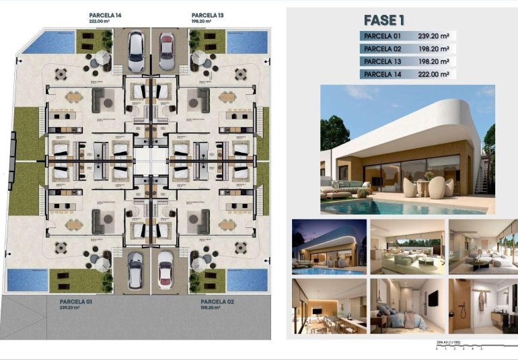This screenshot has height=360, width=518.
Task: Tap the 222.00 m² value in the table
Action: tap(435, 75)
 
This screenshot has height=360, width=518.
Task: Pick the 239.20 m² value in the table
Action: tap(435, 36)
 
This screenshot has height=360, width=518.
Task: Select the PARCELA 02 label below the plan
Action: tap(217, 302)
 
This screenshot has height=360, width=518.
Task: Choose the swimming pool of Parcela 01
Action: tap(27, 279)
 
